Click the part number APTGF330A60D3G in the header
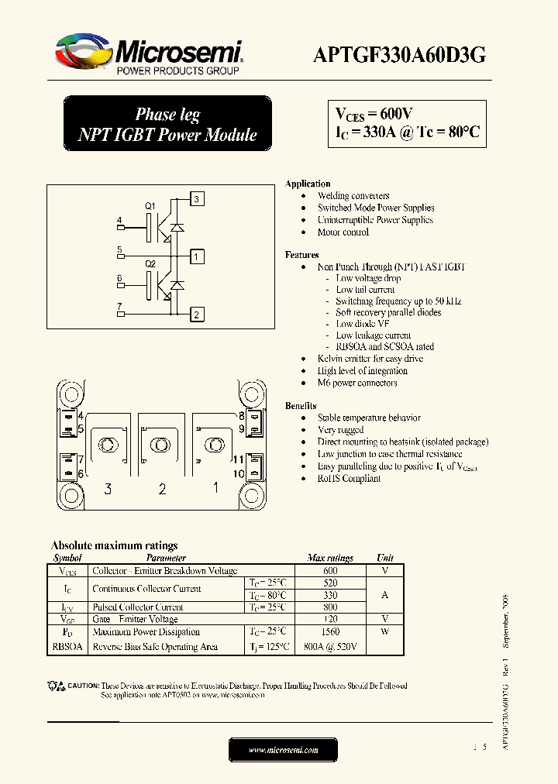tap(399, 54)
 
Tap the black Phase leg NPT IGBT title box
tap(167, 125)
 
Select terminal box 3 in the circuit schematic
tap(197, 199)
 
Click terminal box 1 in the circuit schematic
tap(197, 256)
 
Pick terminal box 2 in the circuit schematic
tap(197, 314)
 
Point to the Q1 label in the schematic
tap(151, 206)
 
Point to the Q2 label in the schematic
tap(151, 264)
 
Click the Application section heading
tap(308, 184)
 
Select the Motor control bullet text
tap(343, 232)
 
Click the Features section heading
tap(301, 255)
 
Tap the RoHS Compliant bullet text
tap(349, 479)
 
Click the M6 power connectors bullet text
tap(357, 383)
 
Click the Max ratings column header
tap(330, 558)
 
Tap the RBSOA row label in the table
tap(67, 647)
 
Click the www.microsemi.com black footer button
tap(283, 750)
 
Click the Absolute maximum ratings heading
tap(114, 545)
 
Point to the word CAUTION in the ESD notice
tap(84, 686)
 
